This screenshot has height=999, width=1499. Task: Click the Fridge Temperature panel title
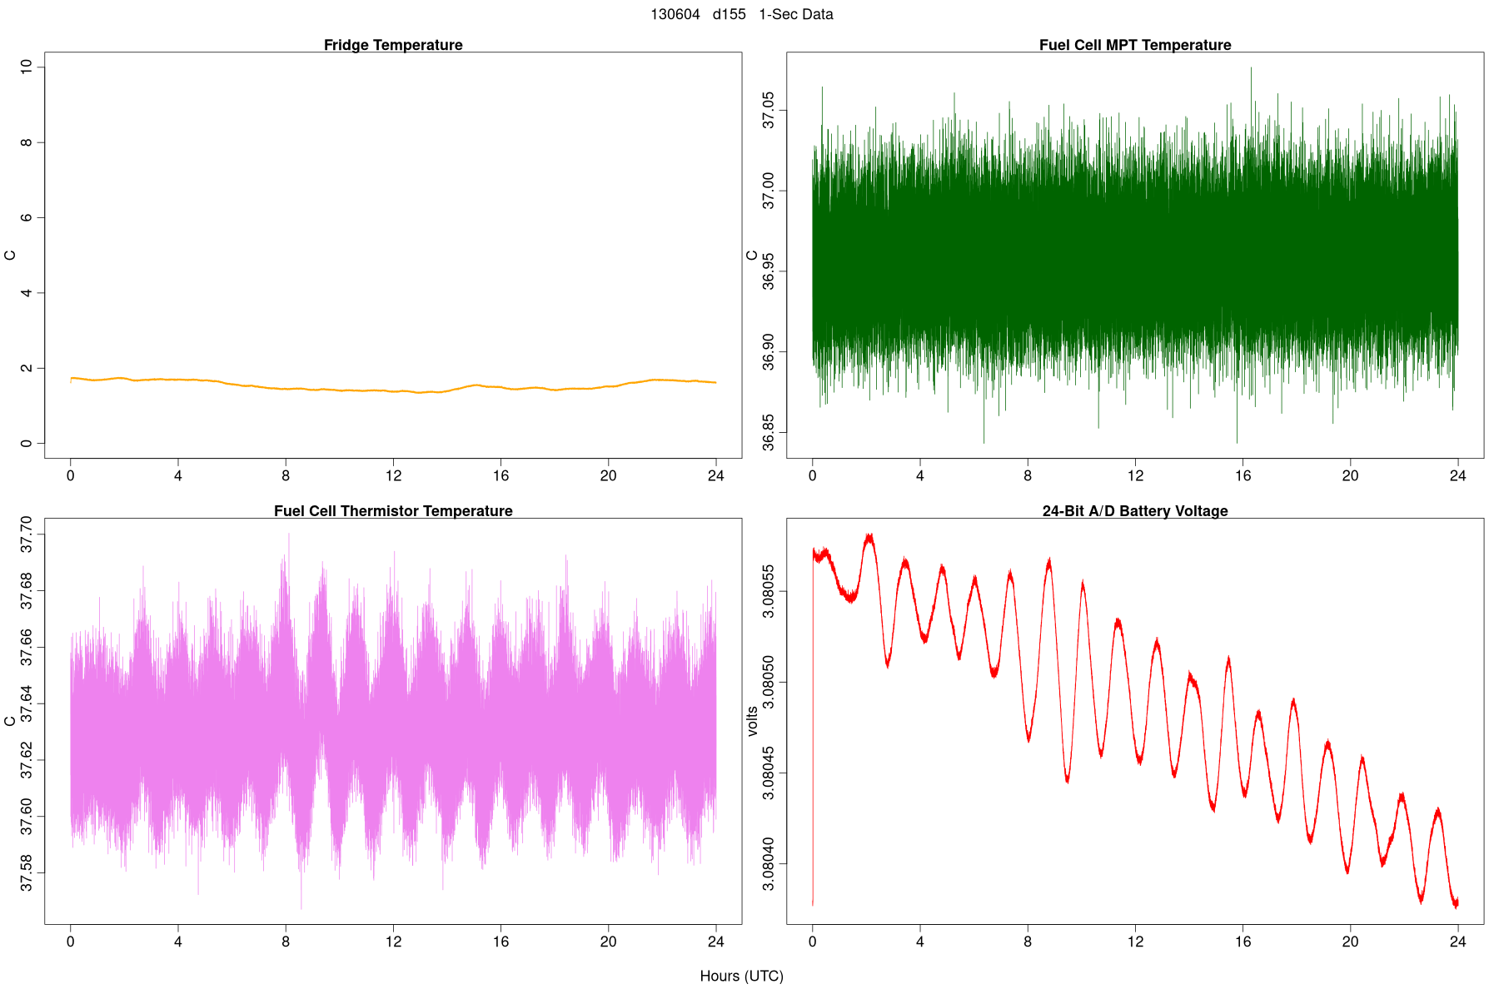click(x=393, y=45)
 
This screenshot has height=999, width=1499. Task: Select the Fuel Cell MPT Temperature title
click(x=1135, y=45)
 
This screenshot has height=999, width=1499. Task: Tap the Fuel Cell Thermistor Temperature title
click(x=393, y=511)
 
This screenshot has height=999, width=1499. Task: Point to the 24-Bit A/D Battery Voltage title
click(x=1135, y=511)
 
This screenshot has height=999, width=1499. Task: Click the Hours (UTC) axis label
click(x=741, y=976)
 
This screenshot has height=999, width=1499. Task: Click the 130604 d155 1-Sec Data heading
click(x=741, y=14)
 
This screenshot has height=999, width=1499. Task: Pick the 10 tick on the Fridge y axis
click(x=27, y=67)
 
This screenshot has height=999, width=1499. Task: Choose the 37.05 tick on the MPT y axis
click(x=768, y=111)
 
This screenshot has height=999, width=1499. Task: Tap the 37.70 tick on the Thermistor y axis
click(x=27, y=534)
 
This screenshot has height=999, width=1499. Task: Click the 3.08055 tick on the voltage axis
click(x=768, y=592)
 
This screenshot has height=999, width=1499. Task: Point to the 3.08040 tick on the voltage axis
click(x=768, y=865)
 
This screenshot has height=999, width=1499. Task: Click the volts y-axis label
click(x=752, y=721)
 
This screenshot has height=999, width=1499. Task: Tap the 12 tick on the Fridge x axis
click(x=393, y=476)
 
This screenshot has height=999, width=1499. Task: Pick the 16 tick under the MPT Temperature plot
click(x=1243, y=476)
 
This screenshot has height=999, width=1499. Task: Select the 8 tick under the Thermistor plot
click(x=286, y=942)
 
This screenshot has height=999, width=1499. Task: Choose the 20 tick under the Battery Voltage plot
click(x=1350, y=942)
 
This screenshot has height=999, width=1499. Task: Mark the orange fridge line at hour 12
click(x=393, y=390)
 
